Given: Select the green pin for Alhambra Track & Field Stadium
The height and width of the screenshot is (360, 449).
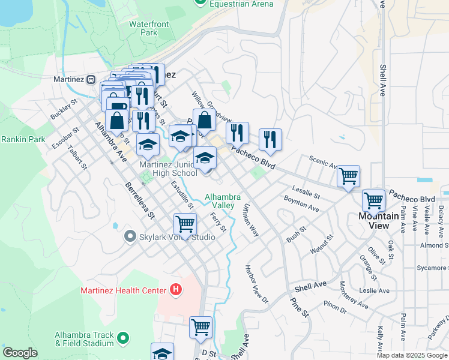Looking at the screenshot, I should (x=123, y=339).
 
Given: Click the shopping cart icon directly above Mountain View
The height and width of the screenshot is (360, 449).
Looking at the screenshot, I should (x=373, y=201).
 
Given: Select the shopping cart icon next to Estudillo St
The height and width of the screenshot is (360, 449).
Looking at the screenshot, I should (x=185, y=225).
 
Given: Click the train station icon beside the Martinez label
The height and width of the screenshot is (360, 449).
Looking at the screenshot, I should (x=91, y=79).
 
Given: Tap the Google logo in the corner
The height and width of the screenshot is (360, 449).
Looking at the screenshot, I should (x=20, y=353).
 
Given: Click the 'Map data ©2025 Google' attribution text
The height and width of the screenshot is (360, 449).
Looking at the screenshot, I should (x=411, y=355).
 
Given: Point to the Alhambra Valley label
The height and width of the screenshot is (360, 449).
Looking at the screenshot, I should (x=223, y=201).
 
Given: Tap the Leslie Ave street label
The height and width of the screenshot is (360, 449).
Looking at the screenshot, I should (x=373, y=291).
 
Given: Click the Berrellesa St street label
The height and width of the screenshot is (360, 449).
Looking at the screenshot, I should (x=140, y=202).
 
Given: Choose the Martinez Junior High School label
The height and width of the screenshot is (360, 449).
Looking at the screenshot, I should (x=168, y=169).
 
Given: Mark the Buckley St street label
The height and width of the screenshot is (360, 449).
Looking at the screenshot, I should (x=64, y=109).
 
